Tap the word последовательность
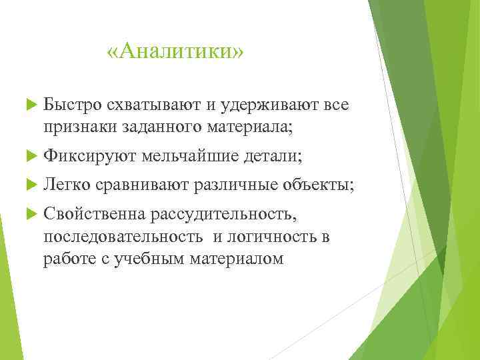click(123, 237)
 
